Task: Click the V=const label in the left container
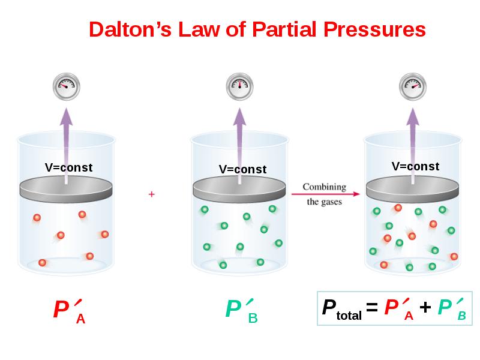(68, 167)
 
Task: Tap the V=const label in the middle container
(242, 169)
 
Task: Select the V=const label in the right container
(415, 166)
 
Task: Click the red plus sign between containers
(152, 194)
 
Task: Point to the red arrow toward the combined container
(325, 194)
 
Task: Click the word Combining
(324, 186)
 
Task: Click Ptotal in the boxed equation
(341, 309)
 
